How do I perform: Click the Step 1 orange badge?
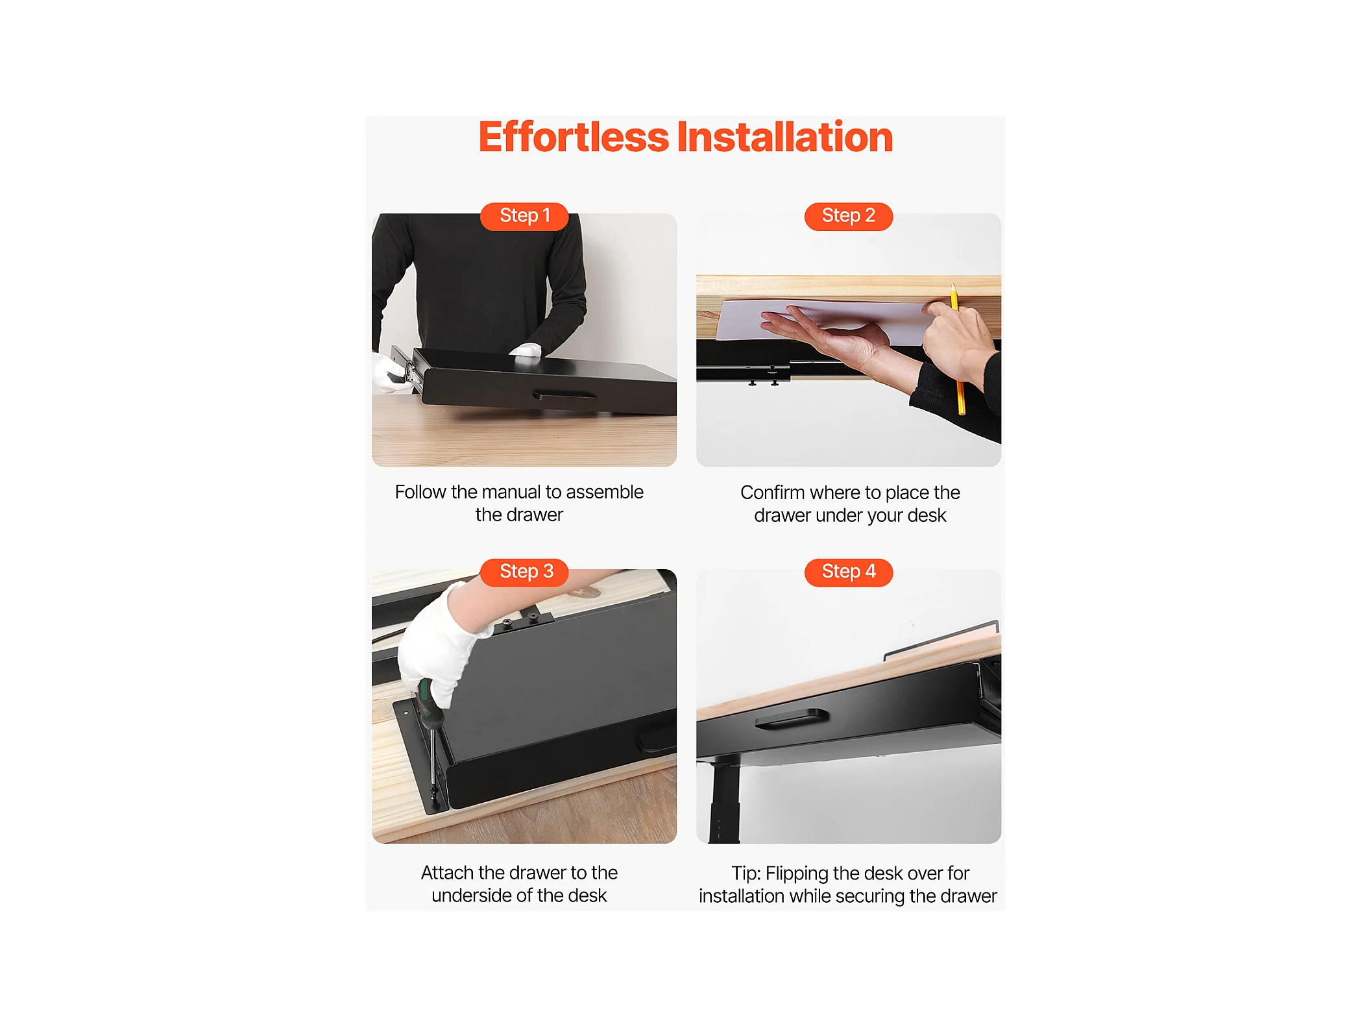(x=524, y=216)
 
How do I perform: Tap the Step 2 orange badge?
(x=849, y=216)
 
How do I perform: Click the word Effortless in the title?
(x=574, y=137)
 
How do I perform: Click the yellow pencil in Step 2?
(x=958, y=349)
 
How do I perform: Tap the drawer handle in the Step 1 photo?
(x=564, y=395)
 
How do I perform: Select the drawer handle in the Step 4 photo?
(x=792, y=719)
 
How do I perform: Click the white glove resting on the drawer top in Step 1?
(x=526, y=350)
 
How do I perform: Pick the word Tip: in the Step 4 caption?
(x=746, y=874)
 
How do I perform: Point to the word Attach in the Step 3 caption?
(x=447, y=873)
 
